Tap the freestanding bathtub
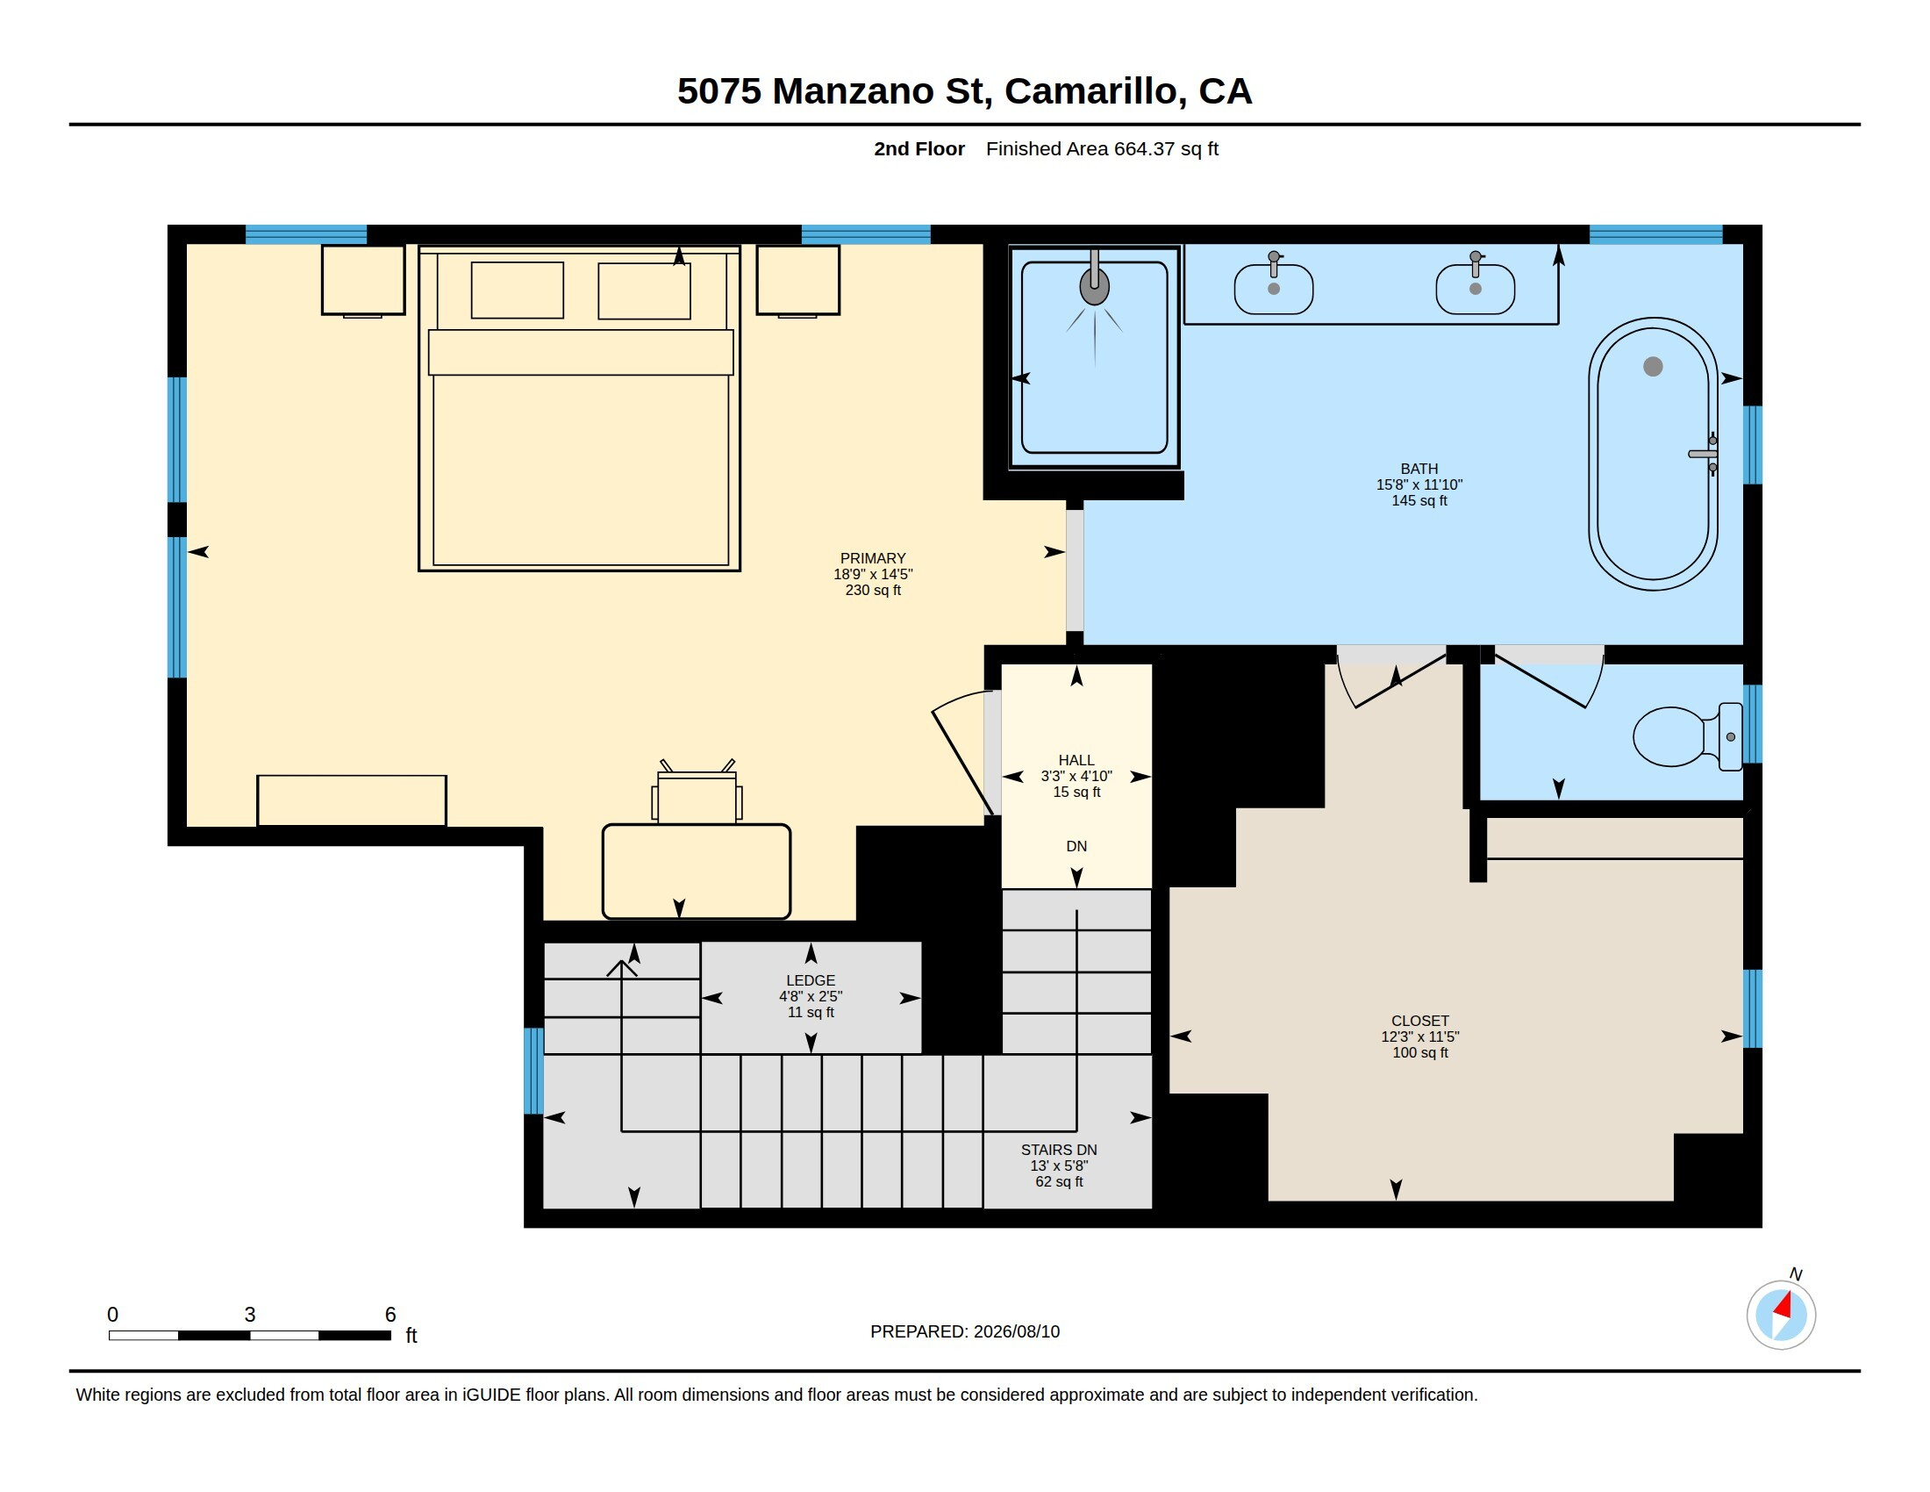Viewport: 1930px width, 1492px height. pos(1653,454)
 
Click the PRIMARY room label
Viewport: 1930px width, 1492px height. pos(873,557)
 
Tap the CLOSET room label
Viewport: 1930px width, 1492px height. pos(1420,1020)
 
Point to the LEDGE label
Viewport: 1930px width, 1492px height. pos(811,980)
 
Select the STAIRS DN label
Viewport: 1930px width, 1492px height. pos(1059,1149)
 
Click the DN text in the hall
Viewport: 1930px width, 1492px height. pos(1076,846)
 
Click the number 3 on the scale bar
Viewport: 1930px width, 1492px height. pos(250,1315)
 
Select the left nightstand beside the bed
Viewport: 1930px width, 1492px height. pos(363,280)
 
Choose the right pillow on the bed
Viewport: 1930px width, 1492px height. pos(644,291)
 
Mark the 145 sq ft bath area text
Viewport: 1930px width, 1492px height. pos(1419,500)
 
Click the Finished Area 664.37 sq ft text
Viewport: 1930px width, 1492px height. pos(1102,148)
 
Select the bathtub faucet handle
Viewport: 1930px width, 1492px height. pos(1703,454)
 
